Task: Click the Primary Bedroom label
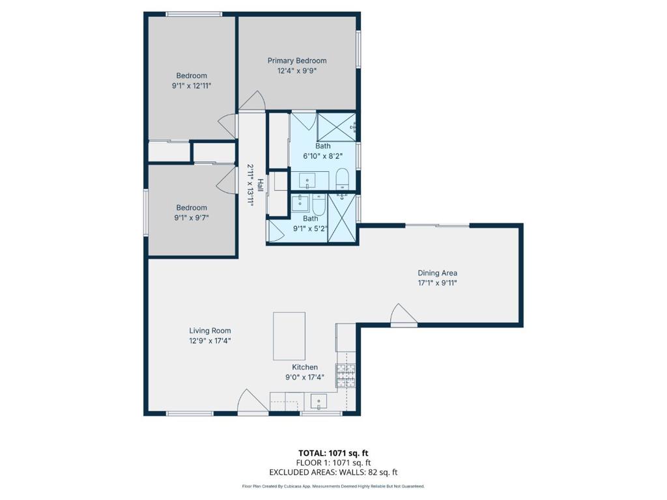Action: (297, 61)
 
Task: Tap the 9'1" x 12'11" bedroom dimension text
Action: (192, 86)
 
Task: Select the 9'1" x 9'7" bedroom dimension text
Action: (192, 218)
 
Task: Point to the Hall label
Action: (260, 185)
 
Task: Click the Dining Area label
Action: (437, 273)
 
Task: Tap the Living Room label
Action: (210, 330)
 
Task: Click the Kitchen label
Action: (305, 367)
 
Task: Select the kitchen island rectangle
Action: (289, 336)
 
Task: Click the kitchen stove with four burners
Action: (346, 376)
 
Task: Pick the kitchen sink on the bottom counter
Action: (318, 401)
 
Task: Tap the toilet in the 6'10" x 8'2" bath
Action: (342, 180)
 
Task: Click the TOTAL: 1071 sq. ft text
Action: (333, 453)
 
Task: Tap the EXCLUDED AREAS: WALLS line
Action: (333, 472)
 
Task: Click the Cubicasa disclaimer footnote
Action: (333, 486)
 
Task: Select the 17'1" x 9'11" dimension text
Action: (437, 283)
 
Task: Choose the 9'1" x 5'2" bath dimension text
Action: (310, 229)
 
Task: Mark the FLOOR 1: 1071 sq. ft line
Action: (333, 463)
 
